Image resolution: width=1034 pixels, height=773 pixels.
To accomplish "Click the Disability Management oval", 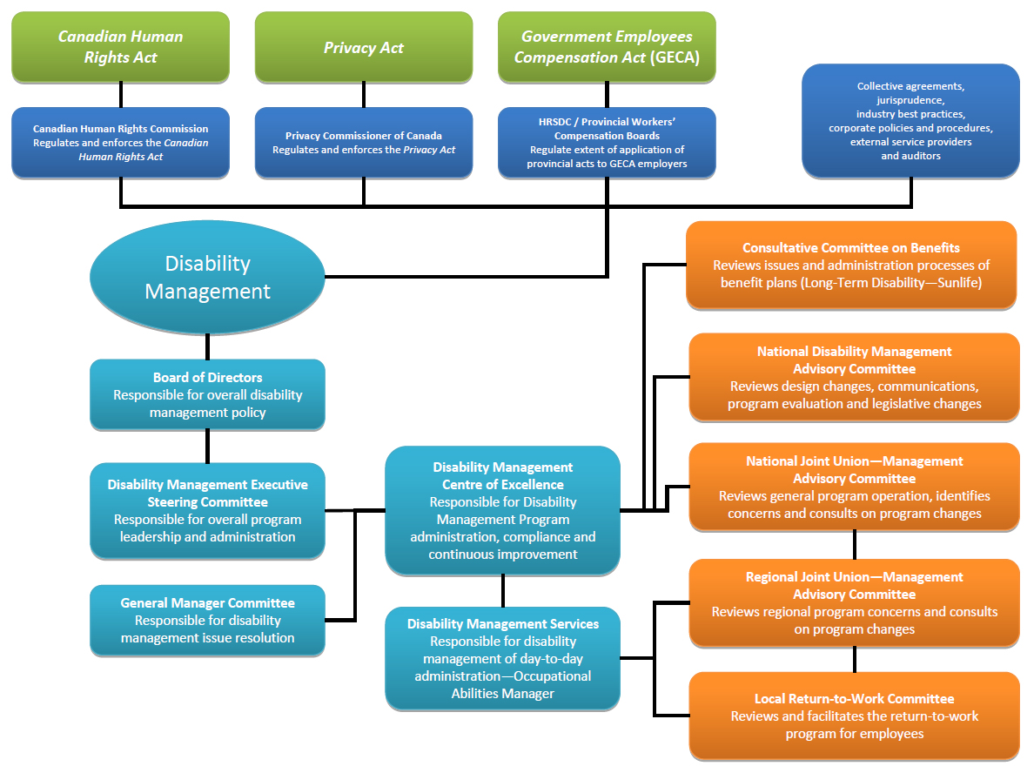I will coord(207,277).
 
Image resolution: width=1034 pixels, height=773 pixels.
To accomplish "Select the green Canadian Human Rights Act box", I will coord(121,47).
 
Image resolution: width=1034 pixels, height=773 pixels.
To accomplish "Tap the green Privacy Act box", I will coord(364,47).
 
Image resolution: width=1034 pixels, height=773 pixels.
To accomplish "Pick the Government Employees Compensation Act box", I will coord(607,47).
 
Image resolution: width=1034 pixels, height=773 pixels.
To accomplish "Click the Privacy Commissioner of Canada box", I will coord(364,143).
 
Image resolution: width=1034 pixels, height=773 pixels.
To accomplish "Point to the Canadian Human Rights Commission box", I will coord(121,143).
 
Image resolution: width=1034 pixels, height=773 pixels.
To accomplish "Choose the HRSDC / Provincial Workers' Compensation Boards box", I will coord(607,143).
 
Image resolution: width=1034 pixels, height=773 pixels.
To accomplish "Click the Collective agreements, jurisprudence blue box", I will coord(910,121).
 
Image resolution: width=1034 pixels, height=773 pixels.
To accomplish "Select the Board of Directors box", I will coord(207,394).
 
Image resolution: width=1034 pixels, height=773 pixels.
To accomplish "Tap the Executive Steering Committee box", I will coord(207,511).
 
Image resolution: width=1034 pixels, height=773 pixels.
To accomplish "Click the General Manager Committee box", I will coord(207,620).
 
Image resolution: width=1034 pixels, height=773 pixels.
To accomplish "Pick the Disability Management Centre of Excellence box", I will coord(503,511).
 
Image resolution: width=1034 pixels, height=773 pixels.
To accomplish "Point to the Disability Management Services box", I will coord(503,658).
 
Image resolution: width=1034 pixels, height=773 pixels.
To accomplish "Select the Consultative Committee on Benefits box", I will coord(851,265).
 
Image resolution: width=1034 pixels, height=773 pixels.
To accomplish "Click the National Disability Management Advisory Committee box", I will coord(854,377).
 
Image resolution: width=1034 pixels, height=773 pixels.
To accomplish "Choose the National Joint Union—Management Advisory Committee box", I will coord(854,487).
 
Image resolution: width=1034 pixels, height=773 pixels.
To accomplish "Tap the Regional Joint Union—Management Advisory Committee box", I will coord(854,602).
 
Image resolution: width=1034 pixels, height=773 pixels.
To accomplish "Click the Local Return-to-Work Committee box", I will coord(854,716).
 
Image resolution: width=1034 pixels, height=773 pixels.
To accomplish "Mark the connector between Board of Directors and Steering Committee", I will coord(207,446).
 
